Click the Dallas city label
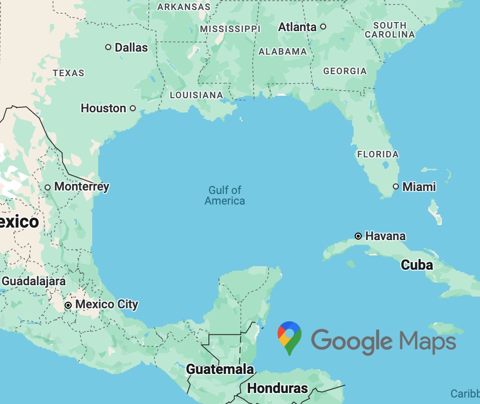[131, 48]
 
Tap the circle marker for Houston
[133, 108]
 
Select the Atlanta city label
[297, 27]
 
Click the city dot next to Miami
[396, 186]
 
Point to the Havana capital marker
[358, 236]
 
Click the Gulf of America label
[225, 195]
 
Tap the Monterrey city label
[81, 187]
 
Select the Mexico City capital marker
[69, 305]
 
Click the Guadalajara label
[34, 281]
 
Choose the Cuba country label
[417, 265]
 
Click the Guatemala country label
[220, 369]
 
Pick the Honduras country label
[277, 388]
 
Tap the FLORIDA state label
[378, 154]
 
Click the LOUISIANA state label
[196, 95]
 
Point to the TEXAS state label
[69, 73]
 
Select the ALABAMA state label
[283, 52]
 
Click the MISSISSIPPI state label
[230, 29]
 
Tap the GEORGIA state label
[345, 71]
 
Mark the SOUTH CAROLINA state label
[390, 30]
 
